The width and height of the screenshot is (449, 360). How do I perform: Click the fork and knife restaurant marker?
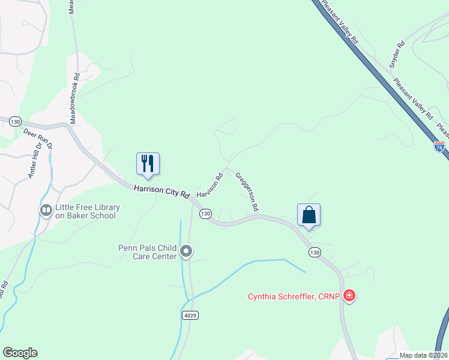[x=148, y=163]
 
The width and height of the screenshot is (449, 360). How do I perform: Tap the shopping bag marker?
[x=309, y=215]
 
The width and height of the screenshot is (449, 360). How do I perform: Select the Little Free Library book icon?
[x=46, y=211]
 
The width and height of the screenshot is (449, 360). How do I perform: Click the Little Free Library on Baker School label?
[x=88, y=211]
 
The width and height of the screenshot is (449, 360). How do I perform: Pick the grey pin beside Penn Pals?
[x=186, y=251]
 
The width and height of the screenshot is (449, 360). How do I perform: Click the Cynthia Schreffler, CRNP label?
[x=295, y=296]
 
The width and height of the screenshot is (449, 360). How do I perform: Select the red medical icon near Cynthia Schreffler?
[x=349, y=295]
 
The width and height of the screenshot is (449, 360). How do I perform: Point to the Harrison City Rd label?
[x=161, y=191]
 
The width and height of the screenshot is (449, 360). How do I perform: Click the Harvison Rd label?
[x=209, y=187]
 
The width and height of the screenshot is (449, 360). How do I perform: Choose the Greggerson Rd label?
[x=247, y=191]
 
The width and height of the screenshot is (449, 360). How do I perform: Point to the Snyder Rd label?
[x=398, y=53]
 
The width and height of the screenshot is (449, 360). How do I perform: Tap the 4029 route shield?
[x=189, y=315]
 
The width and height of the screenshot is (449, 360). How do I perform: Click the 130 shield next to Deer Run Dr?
[x=15, y=121]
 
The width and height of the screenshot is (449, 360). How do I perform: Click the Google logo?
[x=20, y=353]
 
